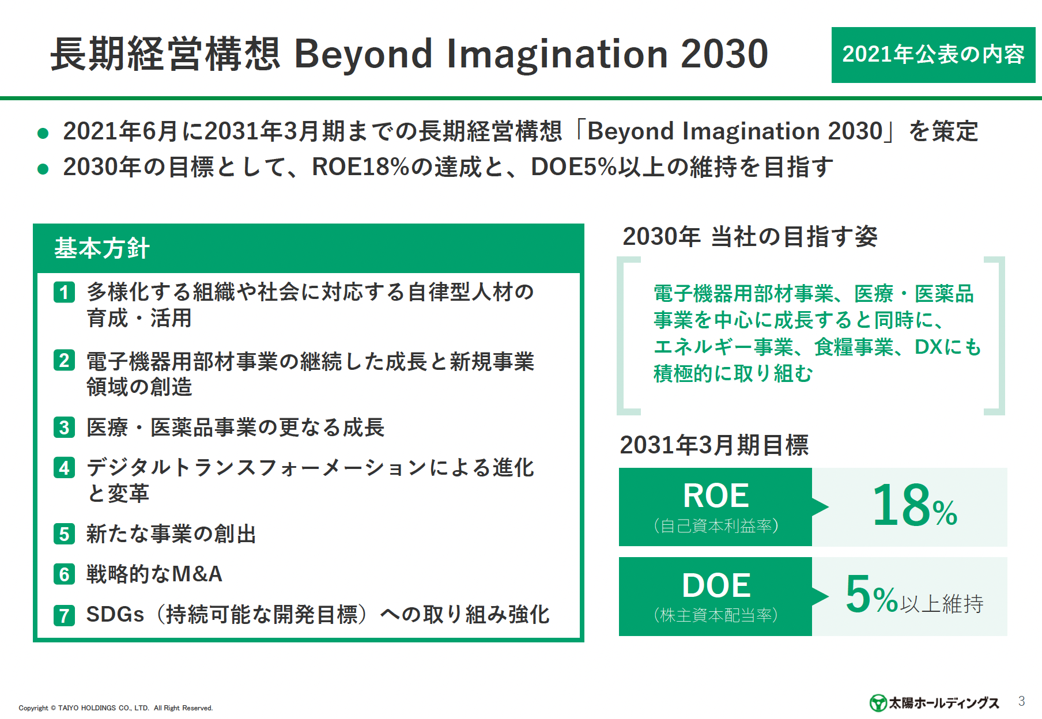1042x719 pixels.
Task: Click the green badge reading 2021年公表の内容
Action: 933,55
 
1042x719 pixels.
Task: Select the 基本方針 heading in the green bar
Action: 102,248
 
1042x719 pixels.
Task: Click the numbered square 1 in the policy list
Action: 65,292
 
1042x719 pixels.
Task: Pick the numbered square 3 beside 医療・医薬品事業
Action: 65,427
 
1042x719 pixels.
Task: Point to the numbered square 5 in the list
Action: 65,534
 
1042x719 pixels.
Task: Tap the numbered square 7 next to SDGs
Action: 65,615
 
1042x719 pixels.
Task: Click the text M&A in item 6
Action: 197,574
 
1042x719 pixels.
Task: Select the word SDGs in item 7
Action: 115,614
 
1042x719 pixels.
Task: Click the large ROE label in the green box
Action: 716,495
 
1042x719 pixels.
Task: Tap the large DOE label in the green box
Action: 716,585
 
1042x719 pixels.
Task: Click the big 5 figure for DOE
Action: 858,594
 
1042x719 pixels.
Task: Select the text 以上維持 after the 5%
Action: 942,604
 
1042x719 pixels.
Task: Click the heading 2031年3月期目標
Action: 714,445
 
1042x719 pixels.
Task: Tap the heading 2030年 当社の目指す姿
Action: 750,236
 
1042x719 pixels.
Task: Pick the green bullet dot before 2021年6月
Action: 43,134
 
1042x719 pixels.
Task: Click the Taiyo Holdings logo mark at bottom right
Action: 878,703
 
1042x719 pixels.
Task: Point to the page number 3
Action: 1021,701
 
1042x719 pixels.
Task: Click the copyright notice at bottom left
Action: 116,708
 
